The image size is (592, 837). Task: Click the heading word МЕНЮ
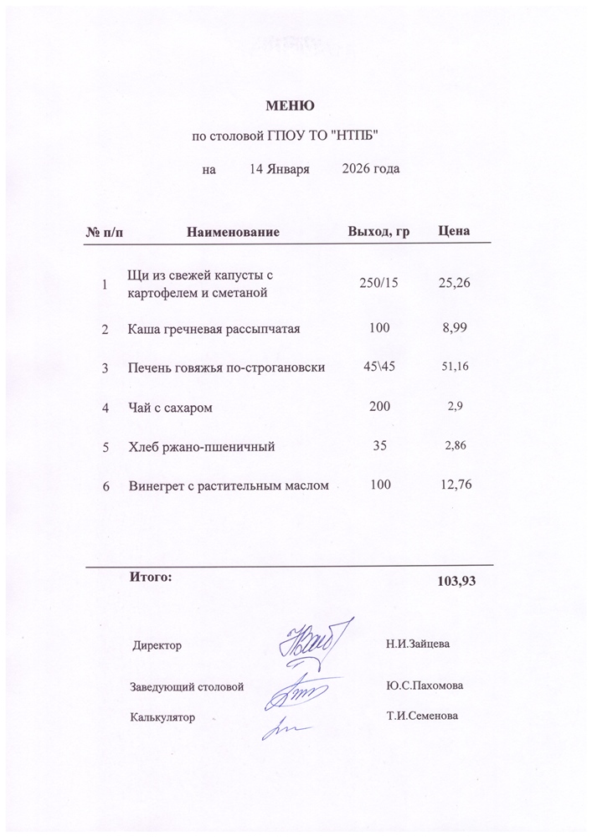tap(290, 106)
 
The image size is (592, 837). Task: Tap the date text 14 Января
tap(280, 169)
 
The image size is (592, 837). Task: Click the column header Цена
tap(454, 230)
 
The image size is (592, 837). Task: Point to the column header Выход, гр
tap(378, 230)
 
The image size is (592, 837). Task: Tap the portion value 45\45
tap(378, 367)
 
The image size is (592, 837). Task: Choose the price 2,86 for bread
tap(454, 447)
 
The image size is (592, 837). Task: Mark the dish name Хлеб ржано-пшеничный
tap(201, 447)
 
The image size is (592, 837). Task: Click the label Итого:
tap(151, 576)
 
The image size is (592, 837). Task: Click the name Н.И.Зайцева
tap(419, 644)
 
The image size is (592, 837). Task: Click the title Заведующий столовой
tap(186, 686)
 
